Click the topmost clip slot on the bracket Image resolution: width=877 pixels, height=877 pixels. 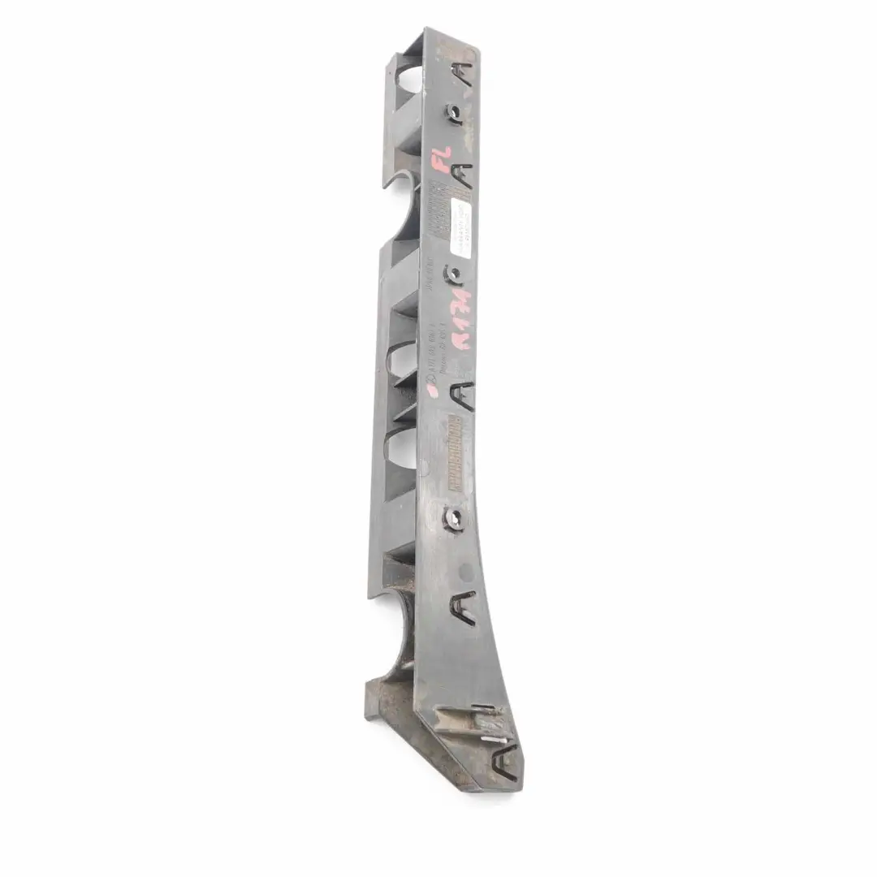(466, 76)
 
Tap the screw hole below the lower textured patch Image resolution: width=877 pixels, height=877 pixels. (452, 517)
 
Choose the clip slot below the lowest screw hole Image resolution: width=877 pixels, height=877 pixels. (464, 605)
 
